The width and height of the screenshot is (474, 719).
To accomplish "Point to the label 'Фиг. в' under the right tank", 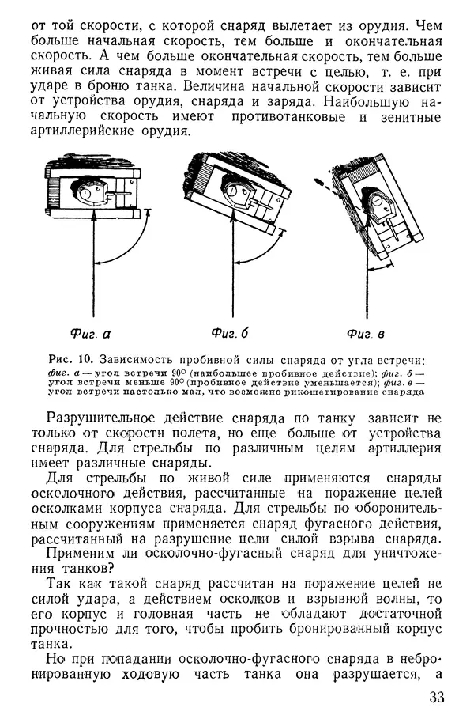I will click(x=366, y=332).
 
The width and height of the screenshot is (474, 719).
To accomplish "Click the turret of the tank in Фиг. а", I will click(x=93, y=190).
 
